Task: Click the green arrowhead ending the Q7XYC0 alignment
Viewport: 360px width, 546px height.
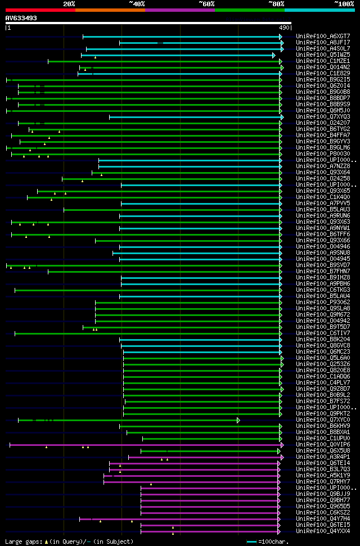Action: pyautogui.click(x=238, y=420)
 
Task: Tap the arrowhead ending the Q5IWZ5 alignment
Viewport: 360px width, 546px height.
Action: pyautogui.click(x=274, y=55)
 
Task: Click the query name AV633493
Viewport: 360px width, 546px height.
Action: pyautogui.click(x=21, y=18)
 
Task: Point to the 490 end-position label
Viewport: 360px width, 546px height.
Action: pyautogui.click(x=284, y=28)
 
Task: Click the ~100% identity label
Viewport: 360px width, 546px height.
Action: pyautogui.click(x=344, y=3)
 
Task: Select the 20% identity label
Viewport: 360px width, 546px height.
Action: pyautogui.click(x=69, y=3)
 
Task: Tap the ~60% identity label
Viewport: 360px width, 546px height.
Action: pyautogui.click(x=206, y=3)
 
